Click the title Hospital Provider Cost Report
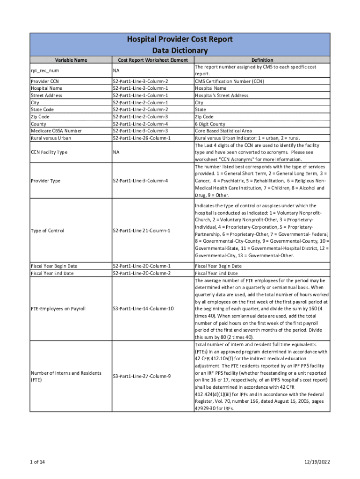pos(180,39)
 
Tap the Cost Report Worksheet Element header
pos(152,60)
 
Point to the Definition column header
pos(262,60)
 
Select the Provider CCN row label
pos(44,81)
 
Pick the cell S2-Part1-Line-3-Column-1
pos(140,88)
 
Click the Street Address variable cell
pos(46,95)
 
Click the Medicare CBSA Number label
pos(56,131)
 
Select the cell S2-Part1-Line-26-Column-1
pos(142,138)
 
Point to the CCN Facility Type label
pos(49,152)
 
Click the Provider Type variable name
pos(45,181)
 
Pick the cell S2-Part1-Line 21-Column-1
pos(142,231)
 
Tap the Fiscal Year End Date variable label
pos(52,273)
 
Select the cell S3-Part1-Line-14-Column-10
pos(143,309)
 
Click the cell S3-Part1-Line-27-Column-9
pos(142,376)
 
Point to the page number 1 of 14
pos(37,462)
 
